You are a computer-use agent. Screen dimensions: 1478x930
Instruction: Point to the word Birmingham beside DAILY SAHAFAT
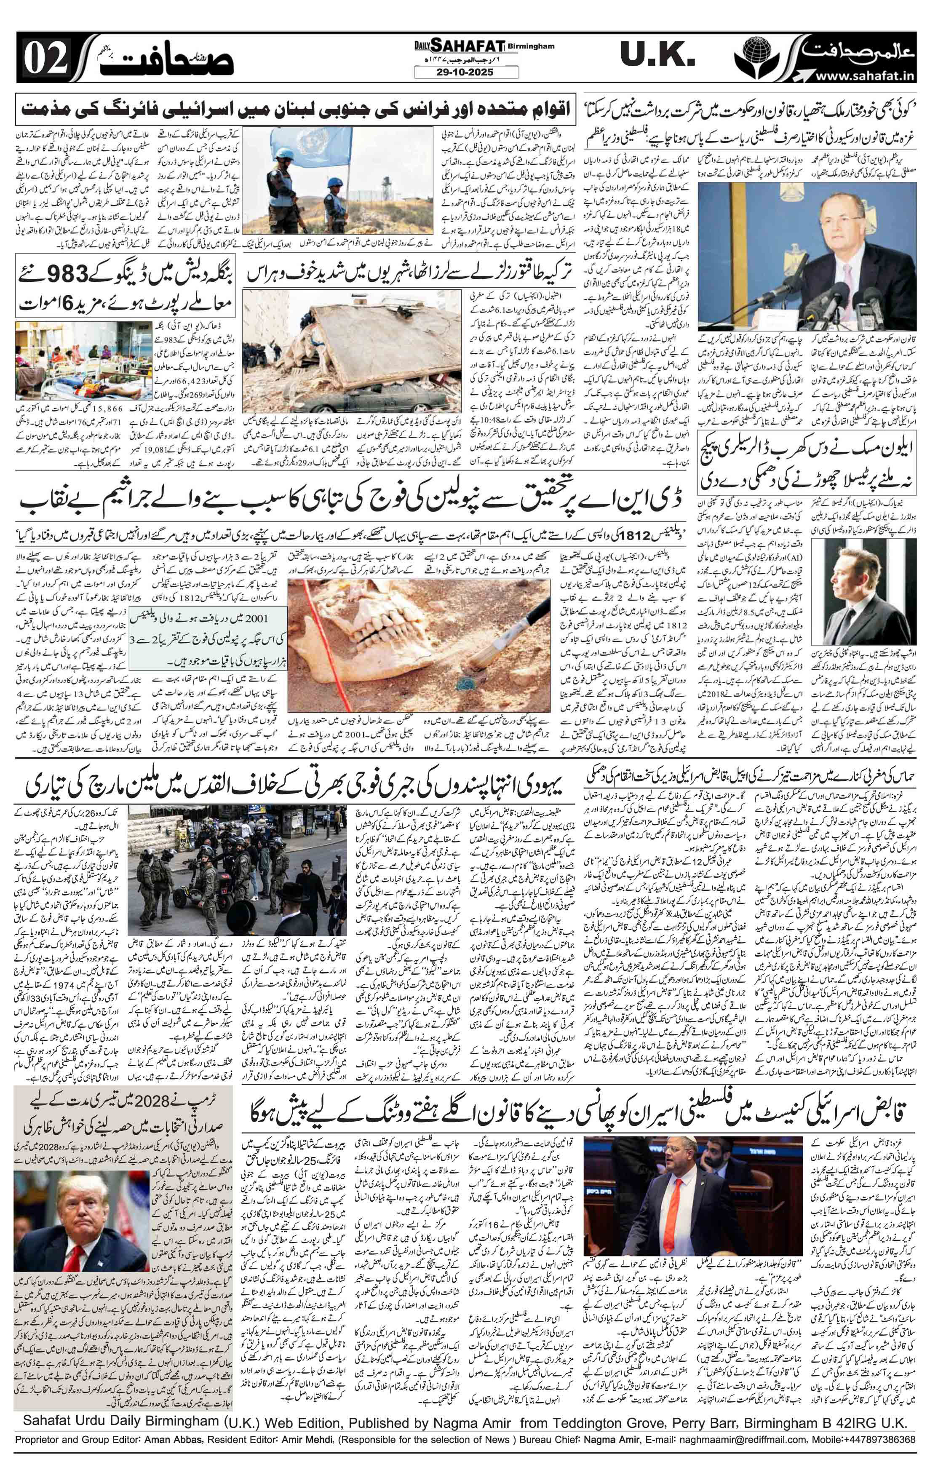(x=531, y=45)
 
